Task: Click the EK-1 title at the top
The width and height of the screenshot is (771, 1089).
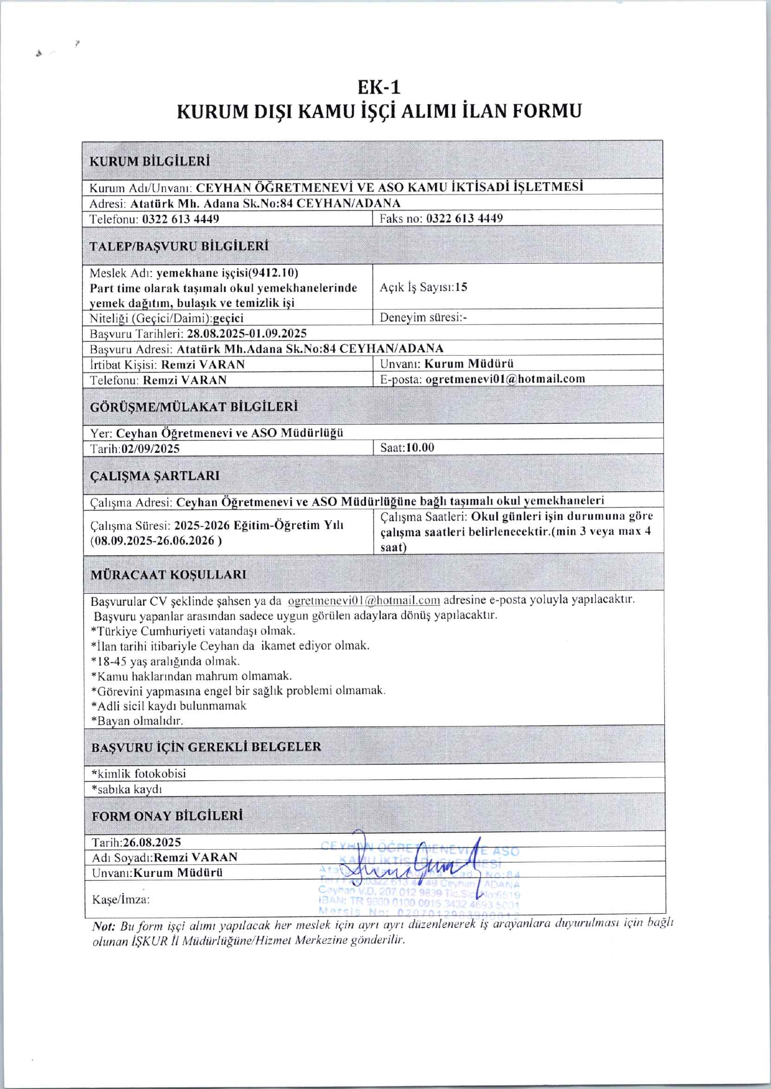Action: [x=379, y=87]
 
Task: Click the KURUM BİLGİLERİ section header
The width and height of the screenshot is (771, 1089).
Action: [x=150, y=161]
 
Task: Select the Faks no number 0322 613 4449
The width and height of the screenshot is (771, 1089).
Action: [x=464, y=218]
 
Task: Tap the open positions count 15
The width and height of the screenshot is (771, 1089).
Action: [x=461, y=287]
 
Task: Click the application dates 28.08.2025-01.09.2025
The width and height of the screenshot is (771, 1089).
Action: [x=247, y=334]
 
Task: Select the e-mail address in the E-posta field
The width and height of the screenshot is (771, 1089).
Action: [x=505, y=379]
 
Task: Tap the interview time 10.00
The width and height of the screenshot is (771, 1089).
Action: [x=420, y=448]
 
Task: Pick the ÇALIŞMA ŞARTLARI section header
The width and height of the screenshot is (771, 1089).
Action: [x=155, y=476]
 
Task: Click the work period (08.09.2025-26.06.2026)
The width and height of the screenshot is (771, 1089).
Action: [x=156, y=541]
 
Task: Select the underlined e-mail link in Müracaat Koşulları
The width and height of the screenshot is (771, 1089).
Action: [x=364, y=600]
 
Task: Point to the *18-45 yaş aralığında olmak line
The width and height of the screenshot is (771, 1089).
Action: [x=165, y=661]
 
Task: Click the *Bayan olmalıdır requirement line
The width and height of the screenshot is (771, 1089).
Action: [x=137, y=721]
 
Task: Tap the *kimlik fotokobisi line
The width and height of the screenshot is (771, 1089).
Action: [x=138, y=774]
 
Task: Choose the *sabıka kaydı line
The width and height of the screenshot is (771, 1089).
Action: [x=127, y=789]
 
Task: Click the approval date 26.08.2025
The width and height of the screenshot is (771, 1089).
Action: [x=152, y=842]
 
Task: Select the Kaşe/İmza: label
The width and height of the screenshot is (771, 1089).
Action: [x=121, y=900]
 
